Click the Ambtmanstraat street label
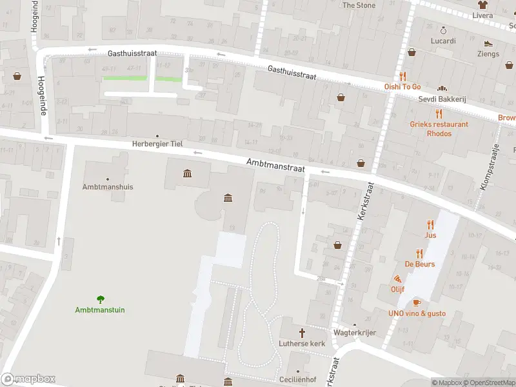[275, 166]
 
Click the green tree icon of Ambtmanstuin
[100, 299]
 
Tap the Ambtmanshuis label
[108, 187]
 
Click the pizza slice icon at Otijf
[397, 279]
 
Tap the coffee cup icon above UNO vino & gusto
[417, 303]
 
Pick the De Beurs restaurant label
[419, 264]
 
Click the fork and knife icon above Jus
[430, 224]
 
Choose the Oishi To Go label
[402, 86]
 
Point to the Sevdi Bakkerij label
[442, 99]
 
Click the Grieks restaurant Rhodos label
[439, 128]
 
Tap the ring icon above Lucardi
[443, 30]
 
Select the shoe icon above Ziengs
[488, 44]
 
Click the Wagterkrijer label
[354, 333]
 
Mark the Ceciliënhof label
[297, 380]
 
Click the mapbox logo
[28, 379]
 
